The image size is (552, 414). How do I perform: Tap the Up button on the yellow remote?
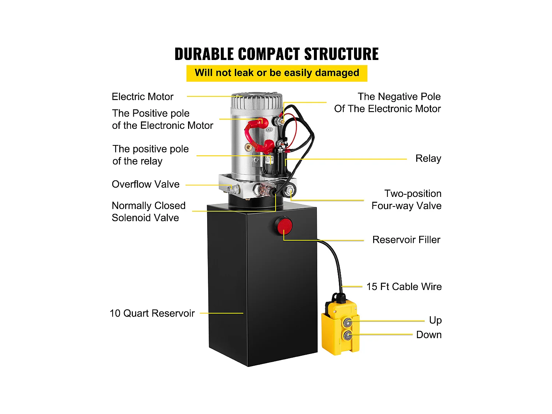click(347, 323)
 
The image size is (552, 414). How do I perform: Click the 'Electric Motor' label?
click(142, 97)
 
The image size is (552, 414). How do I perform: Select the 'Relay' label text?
click(428, 159)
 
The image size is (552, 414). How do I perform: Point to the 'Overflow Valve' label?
click(146, 184)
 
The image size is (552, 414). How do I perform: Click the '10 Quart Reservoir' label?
click(152, 314)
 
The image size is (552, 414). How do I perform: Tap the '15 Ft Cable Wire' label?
click(404, 287)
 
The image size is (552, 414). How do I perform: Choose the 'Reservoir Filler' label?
click(406, 240)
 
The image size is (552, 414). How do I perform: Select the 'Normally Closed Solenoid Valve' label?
click(148, 212)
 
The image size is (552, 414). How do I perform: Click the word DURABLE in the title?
click(204, 54)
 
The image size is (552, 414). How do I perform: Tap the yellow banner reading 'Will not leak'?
click(277, 73)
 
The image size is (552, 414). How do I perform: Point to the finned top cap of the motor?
click(257, 100)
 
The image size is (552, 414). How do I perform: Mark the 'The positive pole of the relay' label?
click(150, 155)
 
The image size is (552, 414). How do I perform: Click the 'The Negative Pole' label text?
click(399, 97)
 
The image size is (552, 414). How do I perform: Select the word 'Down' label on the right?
click(429, 335)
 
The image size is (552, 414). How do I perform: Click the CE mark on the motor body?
click(269, 130)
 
